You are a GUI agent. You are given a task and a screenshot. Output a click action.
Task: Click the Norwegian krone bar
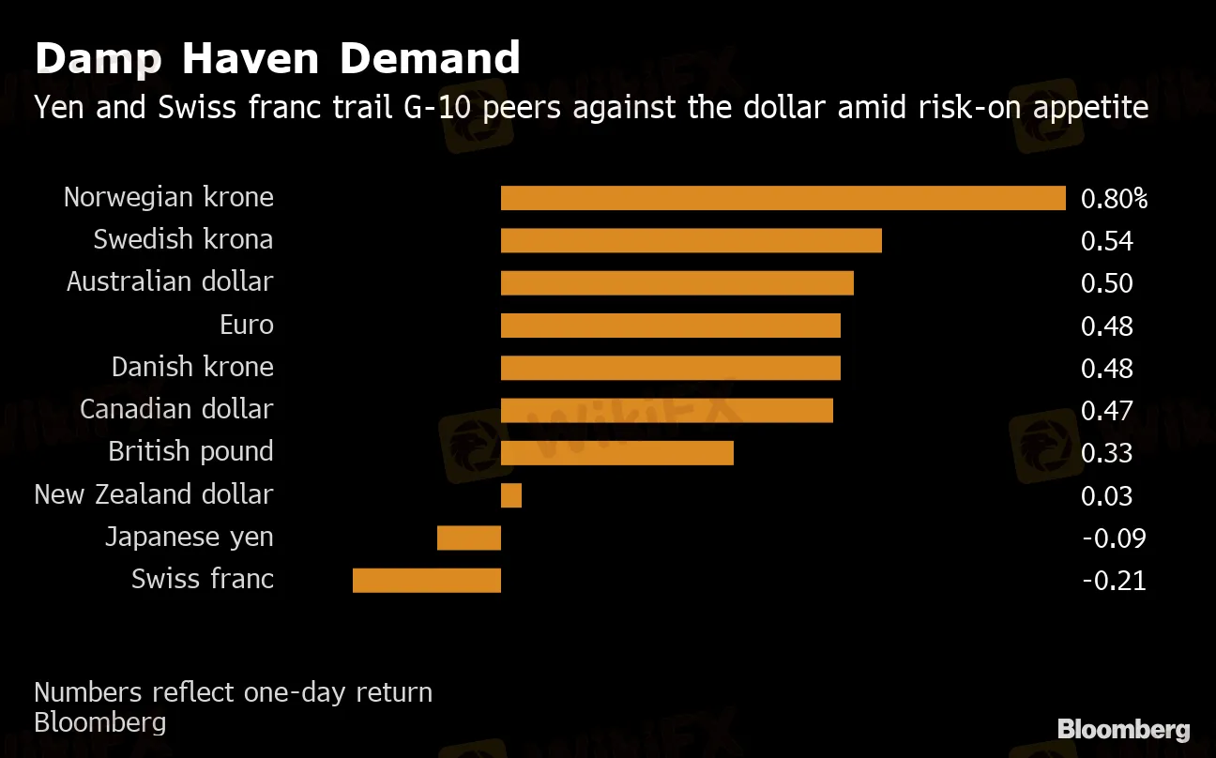pos(783,198)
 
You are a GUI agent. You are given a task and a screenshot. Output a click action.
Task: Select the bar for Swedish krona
pos(691,240)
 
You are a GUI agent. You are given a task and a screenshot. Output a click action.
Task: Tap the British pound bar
pos(616,452)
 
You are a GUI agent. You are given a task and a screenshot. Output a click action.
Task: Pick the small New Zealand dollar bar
pos(510,495)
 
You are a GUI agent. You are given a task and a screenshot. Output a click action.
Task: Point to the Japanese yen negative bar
pos(469,538)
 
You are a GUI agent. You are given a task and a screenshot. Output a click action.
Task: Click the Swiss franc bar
pos(427,580)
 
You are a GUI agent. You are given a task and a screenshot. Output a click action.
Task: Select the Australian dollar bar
pos(676,282)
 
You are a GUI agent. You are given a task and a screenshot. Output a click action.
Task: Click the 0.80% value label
pos(1114,199)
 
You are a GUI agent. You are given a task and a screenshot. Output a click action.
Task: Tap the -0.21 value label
pos(1114,581)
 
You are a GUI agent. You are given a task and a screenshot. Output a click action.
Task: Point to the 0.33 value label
pos(1107,453)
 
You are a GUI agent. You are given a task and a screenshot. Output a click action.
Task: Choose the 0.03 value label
pos(1107,496)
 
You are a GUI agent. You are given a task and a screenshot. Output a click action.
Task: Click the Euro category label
pos(247,326)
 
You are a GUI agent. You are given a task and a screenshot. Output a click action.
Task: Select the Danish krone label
pos(192,367)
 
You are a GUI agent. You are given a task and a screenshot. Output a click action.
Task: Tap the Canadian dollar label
pos(176,410)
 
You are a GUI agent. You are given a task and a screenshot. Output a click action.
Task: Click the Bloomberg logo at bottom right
pos(1123,730)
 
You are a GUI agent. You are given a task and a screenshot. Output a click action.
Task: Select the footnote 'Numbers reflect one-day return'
pos(233,692)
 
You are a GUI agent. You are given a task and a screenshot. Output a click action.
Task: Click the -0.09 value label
pos(1114,538)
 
